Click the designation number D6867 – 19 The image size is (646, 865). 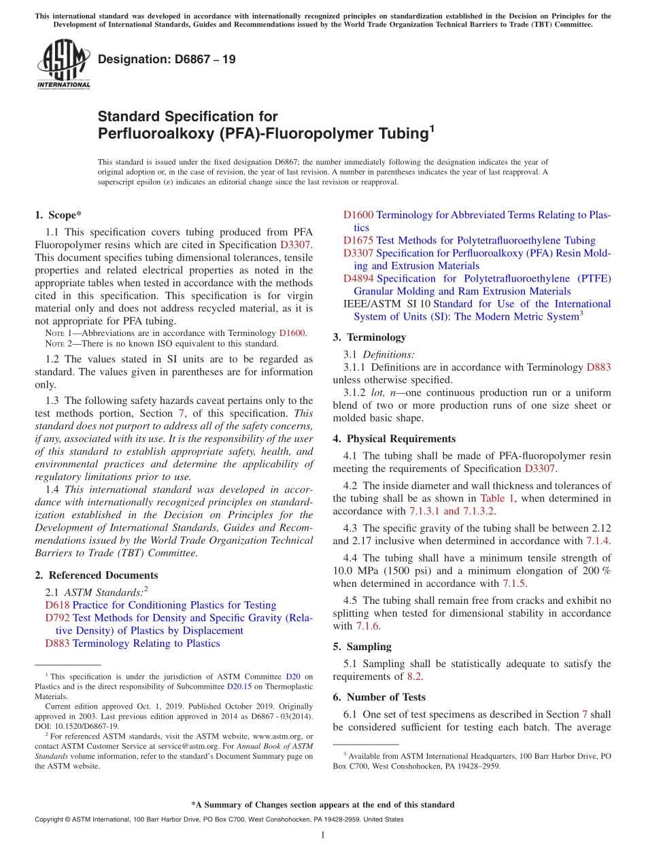coord(167,60)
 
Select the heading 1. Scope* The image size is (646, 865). coord(58,216)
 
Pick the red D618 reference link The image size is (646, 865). coord(58,605)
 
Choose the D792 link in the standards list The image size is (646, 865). coord(58,618)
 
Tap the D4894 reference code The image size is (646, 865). coord(358,279)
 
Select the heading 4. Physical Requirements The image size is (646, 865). coord(394,439)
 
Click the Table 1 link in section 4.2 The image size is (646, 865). coord(502,498)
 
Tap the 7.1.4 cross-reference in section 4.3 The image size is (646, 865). coord(598,541)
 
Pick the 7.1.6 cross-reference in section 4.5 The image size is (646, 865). coord(367,626)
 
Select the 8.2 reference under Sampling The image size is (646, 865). coord(414,677)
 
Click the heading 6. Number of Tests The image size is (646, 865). coord(379,698)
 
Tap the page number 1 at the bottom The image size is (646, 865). coord(323,835)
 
